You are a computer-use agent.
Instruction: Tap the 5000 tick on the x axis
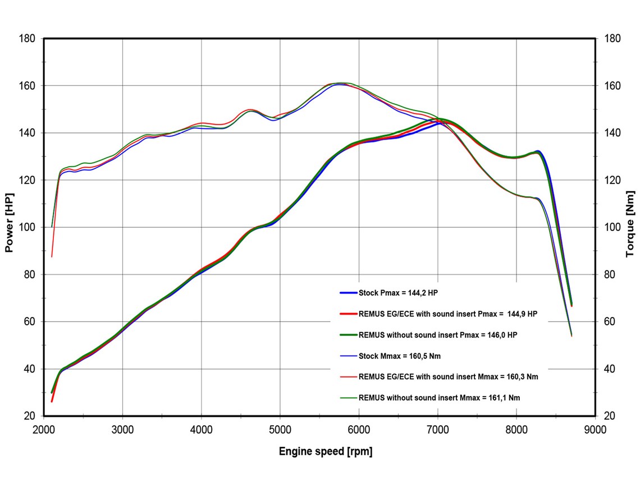pos(280,430)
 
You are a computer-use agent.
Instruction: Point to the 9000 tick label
pos(595,430)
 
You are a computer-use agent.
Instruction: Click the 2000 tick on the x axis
pos(44,430)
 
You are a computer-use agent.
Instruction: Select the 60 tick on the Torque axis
pos(611,321)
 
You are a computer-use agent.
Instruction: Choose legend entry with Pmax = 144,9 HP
pos(447,314)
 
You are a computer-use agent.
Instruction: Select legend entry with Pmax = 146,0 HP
pos(437,335)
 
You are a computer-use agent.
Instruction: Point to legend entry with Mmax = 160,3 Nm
pos(448,377)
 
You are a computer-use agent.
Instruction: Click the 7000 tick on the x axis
pos(437,430)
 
